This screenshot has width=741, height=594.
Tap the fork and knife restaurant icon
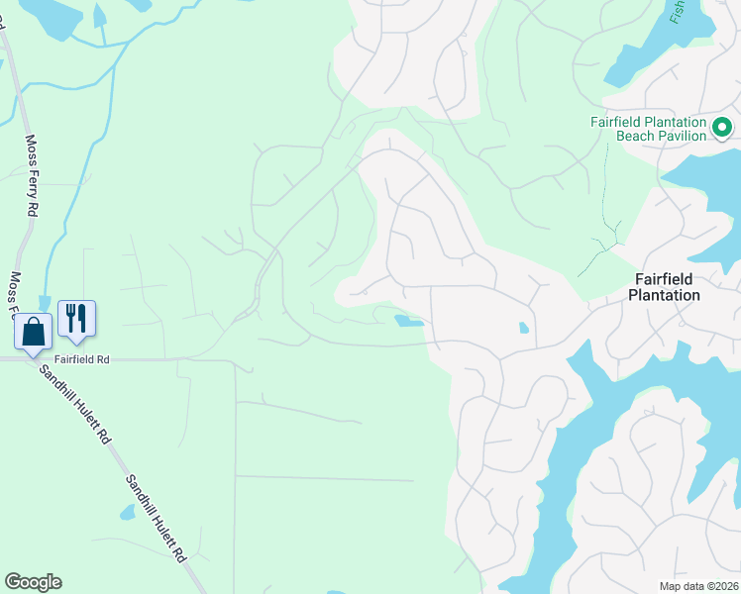coord(76,318)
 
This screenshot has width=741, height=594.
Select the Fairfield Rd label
coord(82,359)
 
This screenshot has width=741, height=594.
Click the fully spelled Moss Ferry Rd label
coord(32,175)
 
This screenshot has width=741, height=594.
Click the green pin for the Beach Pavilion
coord(722,127)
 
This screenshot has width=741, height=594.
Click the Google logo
coord(33,582)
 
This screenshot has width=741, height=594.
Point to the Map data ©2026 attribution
coord(698,586)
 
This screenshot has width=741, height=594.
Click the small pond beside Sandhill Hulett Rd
coord(128,512)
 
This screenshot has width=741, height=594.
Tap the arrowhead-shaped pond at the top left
coord(100,14)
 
